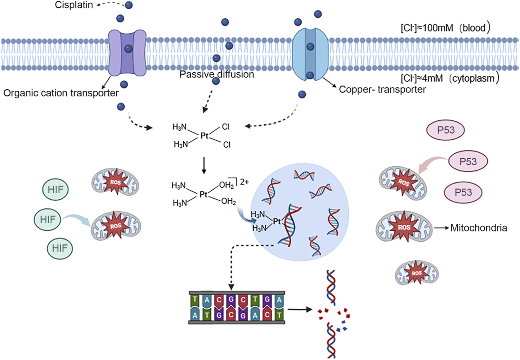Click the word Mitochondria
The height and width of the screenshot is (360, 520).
click(479, 228)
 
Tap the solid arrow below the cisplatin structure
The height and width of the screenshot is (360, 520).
click(204, 167)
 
